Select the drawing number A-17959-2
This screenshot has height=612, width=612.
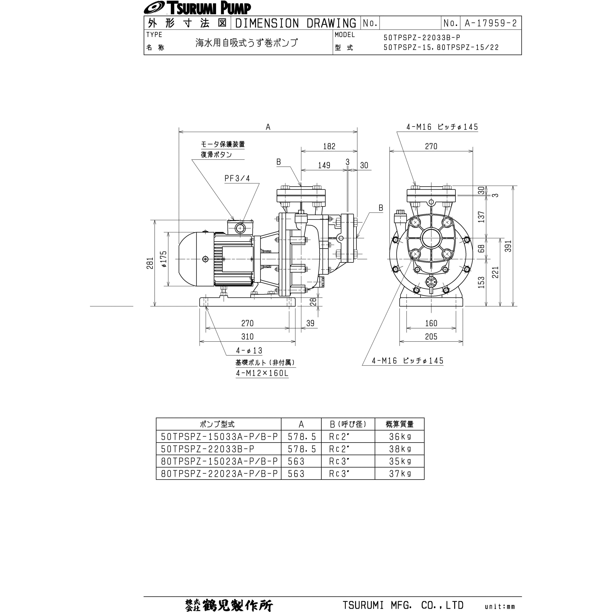pyautogui.click(x=490, y=23)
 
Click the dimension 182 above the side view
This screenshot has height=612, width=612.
pyautogui.click(x=329, y=146)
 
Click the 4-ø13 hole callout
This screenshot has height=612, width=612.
pyautogui.click(x=249, y=351)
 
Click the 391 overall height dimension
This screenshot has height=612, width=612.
pyautogui.click(x=508, y=246)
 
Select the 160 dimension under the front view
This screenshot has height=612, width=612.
pyautogui.click(x=431, y=323)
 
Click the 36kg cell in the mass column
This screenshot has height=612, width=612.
pyautogui.click(x=400, y=437)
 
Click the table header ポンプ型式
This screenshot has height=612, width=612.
pyautogui.click(x=217, y=424)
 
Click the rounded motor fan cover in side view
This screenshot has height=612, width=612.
pyautogui.click(x=187, y=259)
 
